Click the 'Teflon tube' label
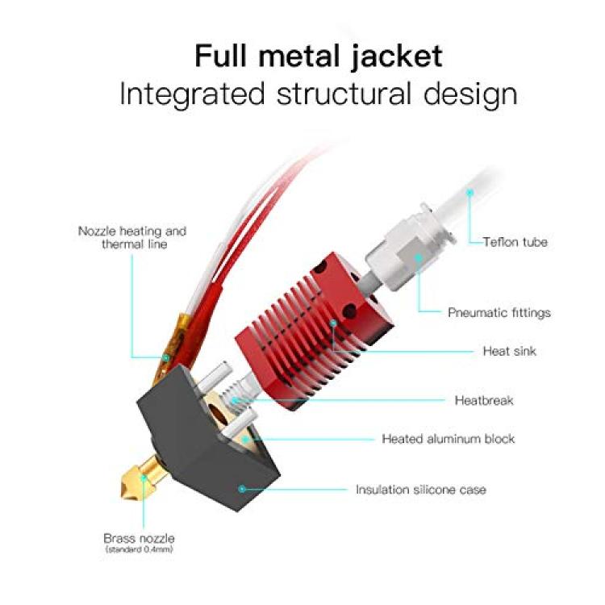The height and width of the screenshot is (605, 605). click(x=515, y=242)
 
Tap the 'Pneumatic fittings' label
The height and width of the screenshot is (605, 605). click(x=499, y=312)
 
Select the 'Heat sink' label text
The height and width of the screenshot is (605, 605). click(x=509, y=351)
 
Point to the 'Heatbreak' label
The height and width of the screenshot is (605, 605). click(x=484, y=400)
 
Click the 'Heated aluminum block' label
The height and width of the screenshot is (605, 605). click(x=448, y=439)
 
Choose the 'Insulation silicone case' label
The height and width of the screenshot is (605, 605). click(x=420, y=490)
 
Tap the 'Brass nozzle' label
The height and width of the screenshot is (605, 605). click(x=139, y=538)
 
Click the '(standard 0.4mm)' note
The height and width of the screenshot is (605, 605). click(x=139, y=549)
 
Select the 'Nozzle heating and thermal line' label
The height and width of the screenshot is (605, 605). click(x=132, y=238)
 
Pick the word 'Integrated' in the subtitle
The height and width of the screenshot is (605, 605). click(x=192, y=94)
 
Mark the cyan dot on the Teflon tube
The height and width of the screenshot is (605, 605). click(x=469, y=192)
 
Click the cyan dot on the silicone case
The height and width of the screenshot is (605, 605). click(x=241, y=489)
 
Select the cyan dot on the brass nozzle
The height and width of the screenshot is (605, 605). click(x=144, y=478)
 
